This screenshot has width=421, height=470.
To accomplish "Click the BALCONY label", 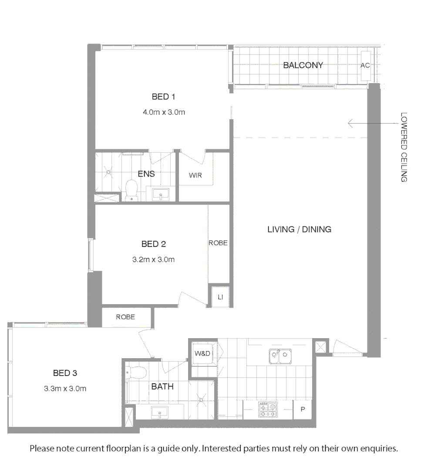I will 303,65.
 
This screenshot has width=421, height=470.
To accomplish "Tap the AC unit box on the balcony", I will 365,66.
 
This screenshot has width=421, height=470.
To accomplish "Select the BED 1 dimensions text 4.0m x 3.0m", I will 164,112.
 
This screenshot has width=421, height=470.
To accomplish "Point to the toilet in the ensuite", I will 131,190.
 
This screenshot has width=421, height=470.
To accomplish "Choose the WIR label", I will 195,175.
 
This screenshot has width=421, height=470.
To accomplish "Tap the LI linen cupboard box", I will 220,297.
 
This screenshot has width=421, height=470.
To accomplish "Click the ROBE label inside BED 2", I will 218,243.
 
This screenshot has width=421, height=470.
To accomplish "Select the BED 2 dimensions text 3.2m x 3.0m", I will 153,260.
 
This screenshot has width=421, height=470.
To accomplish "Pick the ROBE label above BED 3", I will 125,317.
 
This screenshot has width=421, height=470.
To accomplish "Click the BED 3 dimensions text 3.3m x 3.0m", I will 65,389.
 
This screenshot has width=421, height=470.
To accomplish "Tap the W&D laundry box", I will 202,354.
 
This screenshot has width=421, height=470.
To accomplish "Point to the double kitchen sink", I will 280,356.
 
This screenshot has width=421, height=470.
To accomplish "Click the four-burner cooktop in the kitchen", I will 268,410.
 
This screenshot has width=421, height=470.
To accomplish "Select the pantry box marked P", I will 303,410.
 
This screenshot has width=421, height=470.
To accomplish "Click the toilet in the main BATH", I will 136,372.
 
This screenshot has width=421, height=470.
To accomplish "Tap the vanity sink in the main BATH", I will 160,411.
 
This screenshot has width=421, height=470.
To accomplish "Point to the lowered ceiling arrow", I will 357,124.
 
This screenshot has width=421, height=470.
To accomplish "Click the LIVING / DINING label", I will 299,229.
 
